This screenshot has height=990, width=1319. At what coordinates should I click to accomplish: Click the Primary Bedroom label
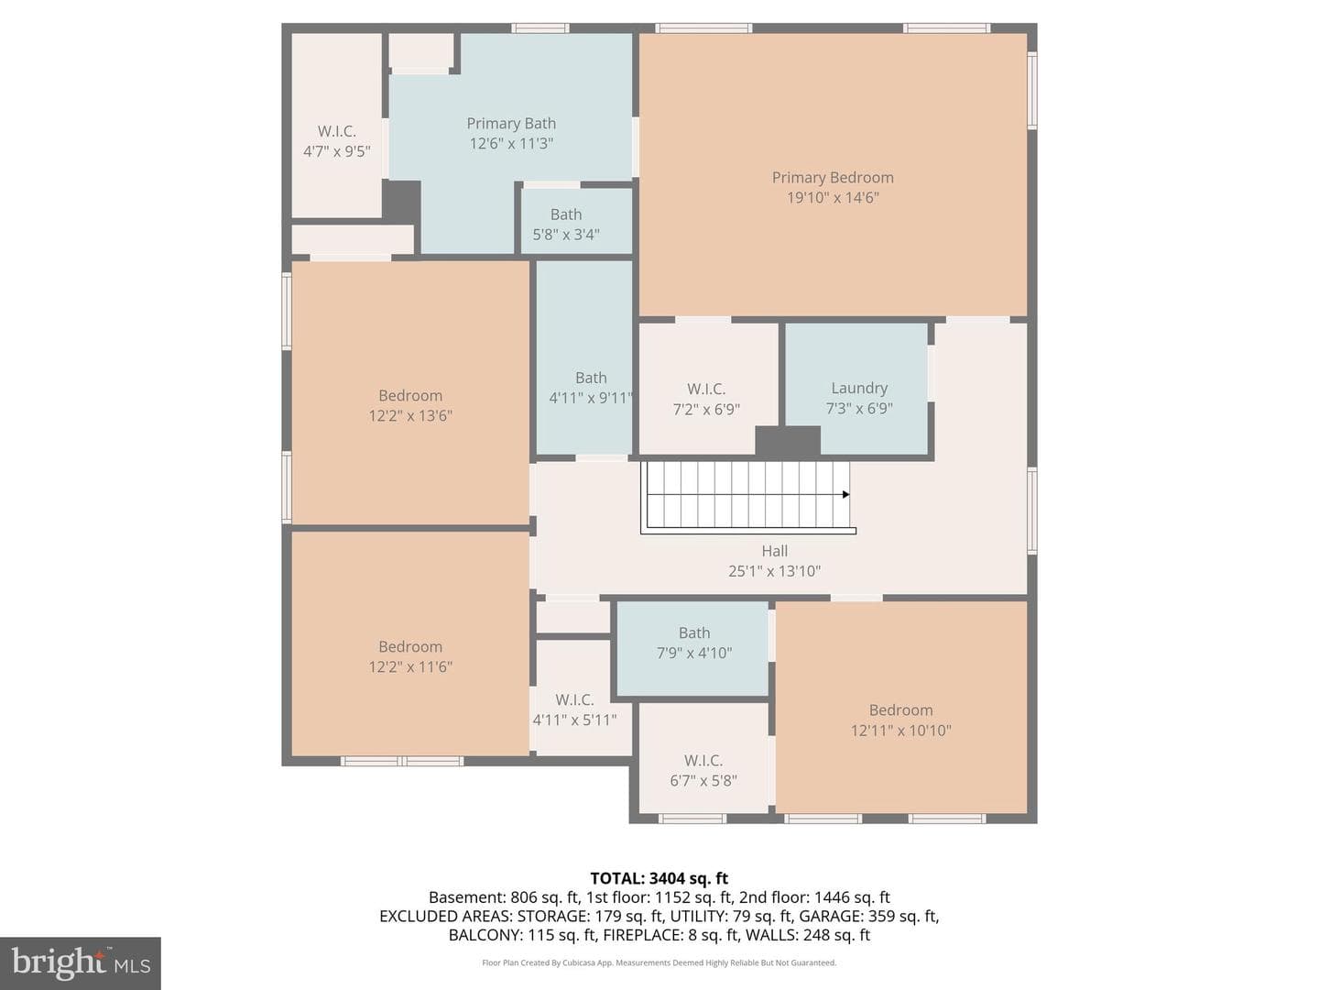833,177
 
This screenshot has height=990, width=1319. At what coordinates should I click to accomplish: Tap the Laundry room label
858,389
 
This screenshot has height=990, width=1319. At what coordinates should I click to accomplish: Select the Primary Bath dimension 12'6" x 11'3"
511,144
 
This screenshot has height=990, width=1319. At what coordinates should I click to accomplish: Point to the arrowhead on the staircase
845,494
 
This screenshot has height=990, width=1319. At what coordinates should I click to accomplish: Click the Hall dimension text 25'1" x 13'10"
774,571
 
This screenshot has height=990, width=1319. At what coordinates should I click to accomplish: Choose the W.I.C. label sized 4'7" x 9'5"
336,131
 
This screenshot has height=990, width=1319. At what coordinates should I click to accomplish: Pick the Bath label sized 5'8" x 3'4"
565,214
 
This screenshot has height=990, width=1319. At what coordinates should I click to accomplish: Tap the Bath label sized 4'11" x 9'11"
591,378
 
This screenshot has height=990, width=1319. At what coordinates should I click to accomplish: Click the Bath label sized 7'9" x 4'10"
694,632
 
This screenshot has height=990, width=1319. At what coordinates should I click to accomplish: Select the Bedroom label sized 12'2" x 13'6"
410,395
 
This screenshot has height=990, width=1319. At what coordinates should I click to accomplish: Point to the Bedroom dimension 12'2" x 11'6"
410,667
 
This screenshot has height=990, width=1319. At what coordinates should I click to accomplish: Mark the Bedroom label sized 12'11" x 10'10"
900,709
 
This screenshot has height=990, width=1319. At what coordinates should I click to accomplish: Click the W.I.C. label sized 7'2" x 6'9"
706,389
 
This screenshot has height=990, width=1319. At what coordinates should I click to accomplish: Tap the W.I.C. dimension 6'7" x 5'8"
703,781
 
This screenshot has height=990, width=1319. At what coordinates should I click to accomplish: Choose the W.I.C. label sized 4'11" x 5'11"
574,699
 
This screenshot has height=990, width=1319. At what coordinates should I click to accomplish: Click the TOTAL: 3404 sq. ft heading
659,879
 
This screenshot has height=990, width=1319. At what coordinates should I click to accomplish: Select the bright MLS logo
81,963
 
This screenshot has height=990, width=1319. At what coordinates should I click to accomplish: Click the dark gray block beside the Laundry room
787,441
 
